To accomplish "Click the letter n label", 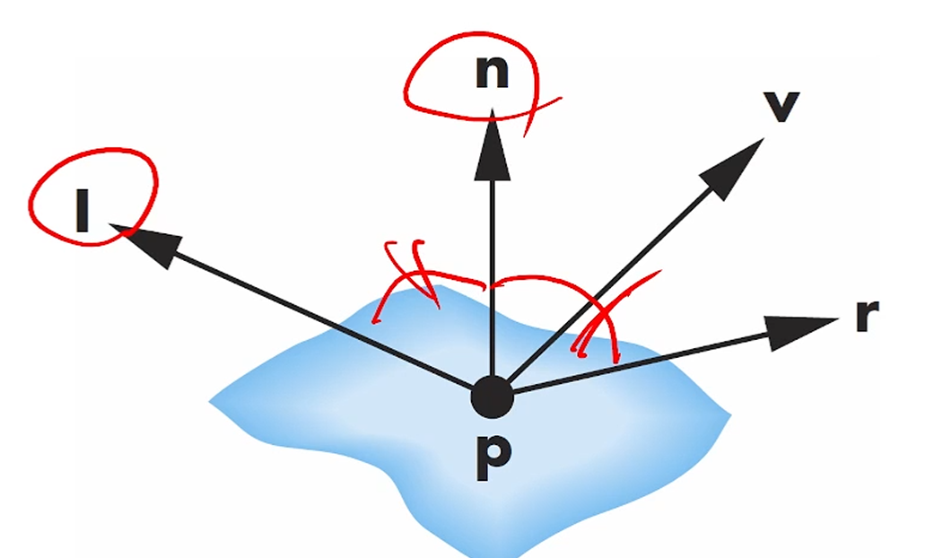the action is point(492,74).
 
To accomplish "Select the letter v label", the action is point(781,106).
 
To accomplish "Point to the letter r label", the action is point(866,316).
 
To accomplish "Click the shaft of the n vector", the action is point(492,269).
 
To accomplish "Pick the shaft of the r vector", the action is point(646,362).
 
